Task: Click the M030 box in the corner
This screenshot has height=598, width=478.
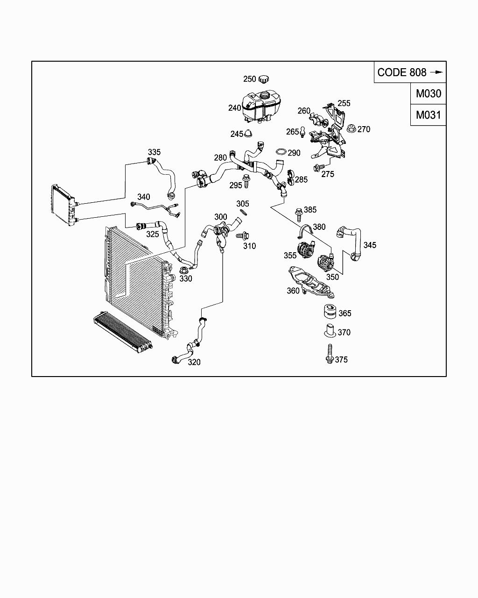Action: (x=428, y=93)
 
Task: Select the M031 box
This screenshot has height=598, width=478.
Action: (x=428, y=115)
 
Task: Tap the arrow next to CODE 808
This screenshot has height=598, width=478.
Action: (x=436, y=72)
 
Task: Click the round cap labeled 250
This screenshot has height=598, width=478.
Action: (x=265, y=79)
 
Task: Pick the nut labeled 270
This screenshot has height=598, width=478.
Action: (x=351, y=128)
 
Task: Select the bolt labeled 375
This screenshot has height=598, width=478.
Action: (x=330, y=354)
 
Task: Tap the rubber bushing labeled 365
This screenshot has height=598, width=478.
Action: (x=330, y=312)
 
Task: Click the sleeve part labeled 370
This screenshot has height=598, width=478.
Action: (x=330, y=331)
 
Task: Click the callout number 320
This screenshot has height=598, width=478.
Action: (x=194, y=362)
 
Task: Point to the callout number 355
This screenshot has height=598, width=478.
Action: (x=290, y=256)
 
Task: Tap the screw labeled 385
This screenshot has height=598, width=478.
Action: (x=298, y=213)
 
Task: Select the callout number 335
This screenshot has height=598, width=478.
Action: (x=154, y=152)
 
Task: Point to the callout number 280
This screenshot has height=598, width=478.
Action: (x=220, y=158)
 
